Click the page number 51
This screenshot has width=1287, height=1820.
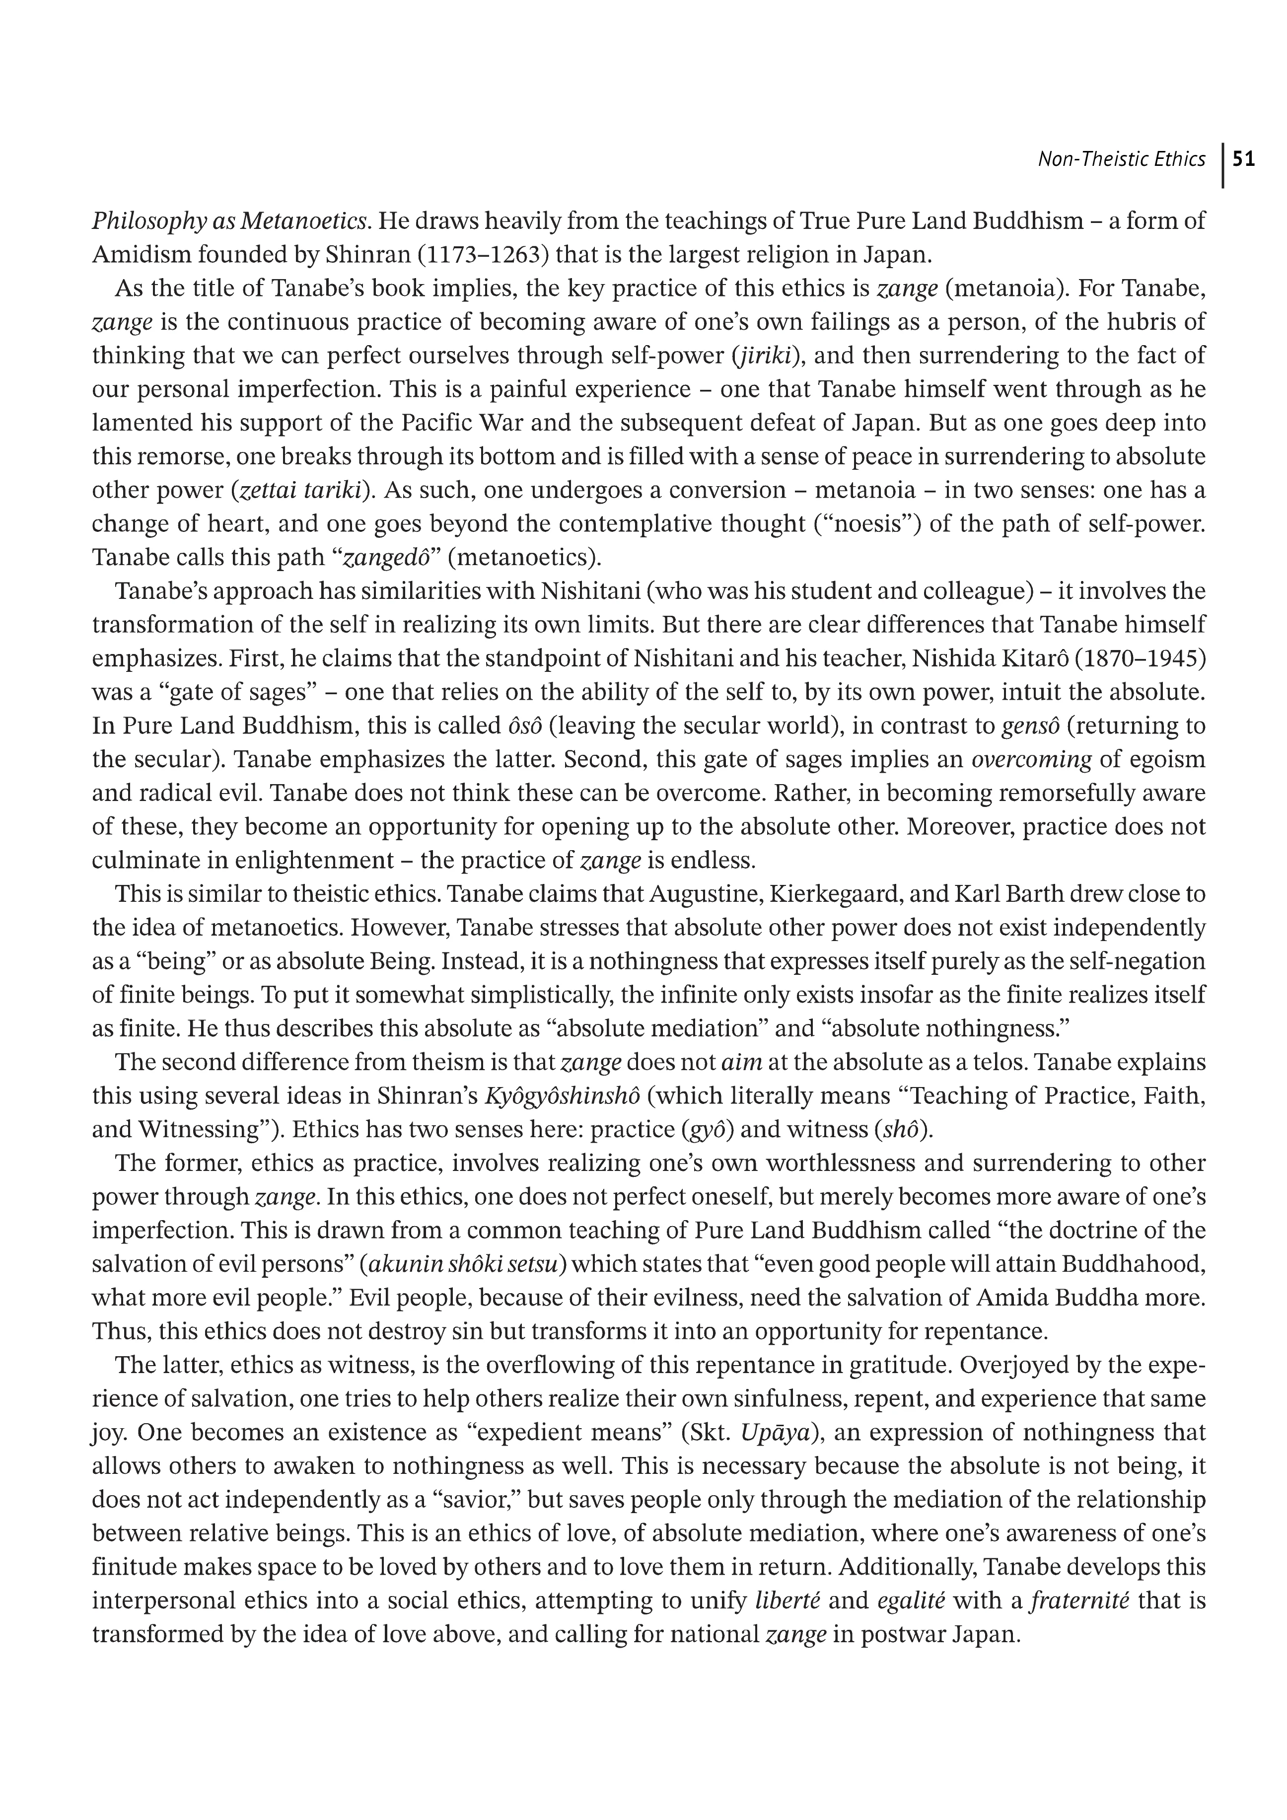click(x=1245, y=159)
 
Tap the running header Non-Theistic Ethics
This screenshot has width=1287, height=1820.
click(x=1121, y=159)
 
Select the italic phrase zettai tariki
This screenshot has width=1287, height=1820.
click(x=303, y=490)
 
